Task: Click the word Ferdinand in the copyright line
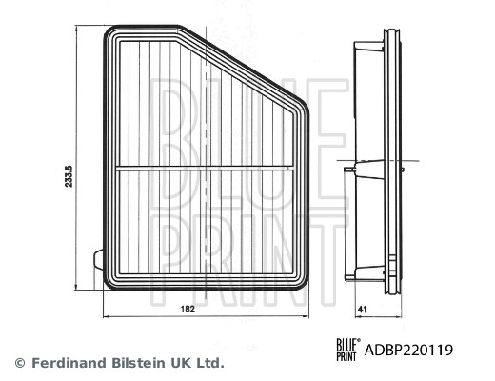(x=68, y=362)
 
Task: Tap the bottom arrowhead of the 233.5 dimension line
(x=75, y=287)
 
